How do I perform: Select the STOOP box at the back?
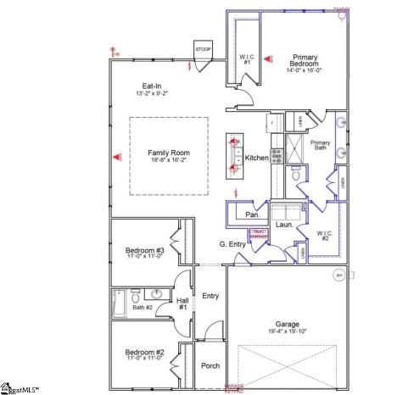(x=204, y=50)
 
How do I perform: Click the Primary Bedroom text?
(x=303, y=59)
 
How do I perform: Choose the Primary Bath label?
(x=320, y=147)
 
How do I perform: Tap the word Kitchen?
(x=256, y=159)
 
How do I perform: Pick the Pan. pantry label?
(x=252, y=215)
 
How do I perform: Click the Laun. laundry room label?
(x=284, y=225)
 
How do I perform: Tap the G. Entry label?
(x=232, y=244)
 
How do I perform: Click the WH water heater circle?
(x=339, y=275)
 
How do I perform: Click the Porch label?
(x=210, y=366)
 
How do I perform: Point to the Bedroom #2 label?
(x=144, y=353)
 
